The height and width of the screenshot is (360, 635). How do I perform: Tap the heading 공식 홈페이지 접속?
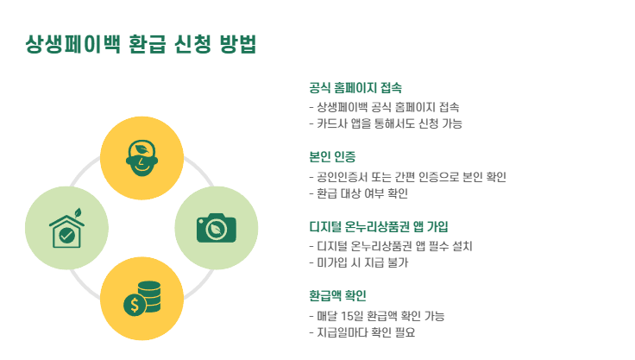click(x=355, y=88)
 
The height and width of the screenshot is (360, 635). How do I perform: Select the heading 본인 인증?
click(x=332, y=157)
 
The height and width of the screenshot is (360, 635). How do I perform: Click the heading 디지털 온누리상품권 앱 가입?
click(x=378, y=227)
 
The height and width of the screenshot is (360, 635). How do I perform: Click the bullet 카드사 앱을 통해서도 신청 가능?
click(x=386, y=123)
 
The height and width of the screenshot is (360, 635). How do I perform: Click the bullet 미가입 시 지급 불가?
click(x=358, y=262)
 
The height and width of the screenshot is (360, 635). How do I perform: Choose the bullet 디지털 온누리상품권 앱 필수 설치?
click(x=390, y=246)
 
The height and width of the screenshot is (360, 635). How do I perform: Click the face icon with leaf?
click(x=141, y=157)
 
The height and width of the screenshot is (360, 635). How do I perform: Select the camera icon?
click(x=217, y=227)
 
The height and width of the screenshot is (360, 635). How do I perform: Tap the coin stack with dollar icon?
click(x=141, y=298)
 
